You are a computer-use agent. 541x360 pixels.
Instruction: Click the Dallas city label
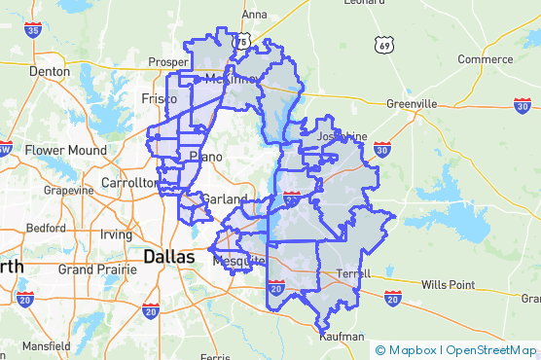[175, 257]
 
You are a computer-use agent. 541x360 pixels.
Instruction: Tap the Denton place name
[50, 71]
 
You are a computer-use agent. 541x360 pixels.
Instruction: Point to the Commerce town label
[485, 59]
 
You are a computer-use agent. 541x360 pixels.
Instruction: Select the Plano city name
[205, 156]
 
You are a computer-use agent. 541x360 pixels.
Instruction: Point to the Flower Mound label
[57, 151]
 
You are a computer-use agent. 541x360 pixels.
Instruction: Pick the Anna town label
[254, 15]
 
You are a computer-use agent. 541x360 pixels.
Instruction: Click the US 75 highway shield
[242, 40]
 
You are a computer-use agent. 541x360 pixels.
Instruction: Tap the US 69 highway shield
[386, 46]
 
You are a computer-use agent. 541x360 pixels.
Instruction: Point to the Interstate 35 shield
[34, 31]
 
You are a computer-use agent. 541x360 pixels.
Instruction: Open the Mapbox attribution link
[412, 349]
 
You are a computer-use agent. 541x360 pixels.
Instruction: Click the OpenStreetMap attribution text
[491, 349]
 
